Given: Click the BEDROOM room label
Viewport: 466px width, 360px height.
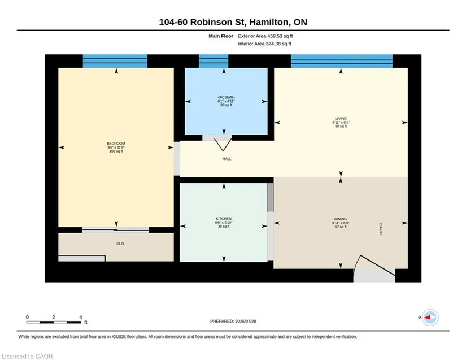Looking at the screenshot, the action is click(116, 144).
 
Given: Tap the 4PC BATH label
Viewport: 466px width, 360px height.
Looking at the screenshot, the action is click(226, 98).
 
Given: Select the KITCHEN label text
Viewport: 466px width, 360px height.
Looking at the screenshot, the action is click(224, 219).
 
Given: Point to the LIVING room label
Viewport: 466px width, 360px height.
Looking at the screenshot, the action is click(341, 119).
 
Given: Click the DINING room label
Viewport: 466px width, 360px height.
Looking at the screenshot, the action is click(341, 219).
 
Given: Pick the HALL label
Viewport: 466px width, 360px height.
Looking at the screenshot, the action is click(227, 159).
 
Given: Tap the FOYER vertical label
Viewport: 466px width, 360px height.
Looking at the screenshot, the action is click(381, 229).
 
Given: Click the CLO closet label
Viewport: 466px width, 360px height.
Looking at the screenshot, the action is click(120, 244).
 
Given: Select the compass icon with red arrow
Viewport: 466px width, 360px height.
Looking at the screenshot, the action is click(430, 318).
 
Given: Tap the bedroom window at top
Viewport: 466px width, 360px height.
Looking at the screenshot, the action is click(115, 61).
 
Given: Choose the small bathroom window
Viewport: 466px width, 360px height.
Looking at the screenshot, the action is click(214, 61).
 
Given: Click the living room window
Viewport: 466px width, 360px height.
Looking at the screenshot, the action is click(342, 61).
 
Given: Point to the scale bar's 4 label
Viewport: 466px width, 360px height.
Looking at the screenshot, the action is click(81, 317).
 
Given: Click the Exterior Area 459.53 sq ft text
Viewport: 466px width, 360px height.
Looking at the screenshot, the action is click(265, 36).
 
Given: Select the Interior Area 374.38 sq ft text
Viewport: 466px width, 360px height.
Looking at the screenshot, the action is click(264, 44).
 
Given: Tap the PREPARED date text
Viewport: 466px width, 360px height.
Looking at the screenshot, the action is click(233, 322).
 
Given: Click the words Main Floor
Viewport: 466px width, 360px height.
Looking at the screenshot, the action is click(221, 36).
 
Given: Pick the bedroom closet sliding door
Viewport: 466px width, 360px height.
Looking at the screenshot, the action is click(116, 229).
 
